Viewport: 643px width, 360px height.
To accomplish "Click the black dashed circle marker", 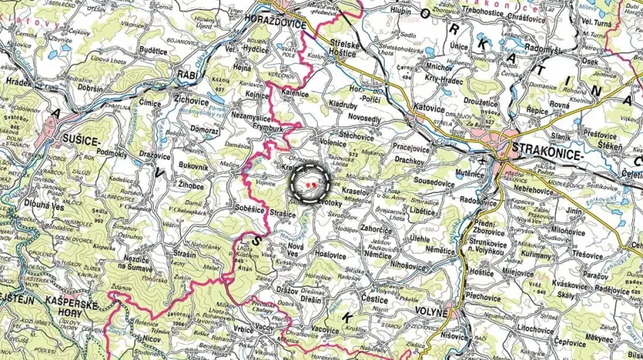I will coord(310,186).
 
